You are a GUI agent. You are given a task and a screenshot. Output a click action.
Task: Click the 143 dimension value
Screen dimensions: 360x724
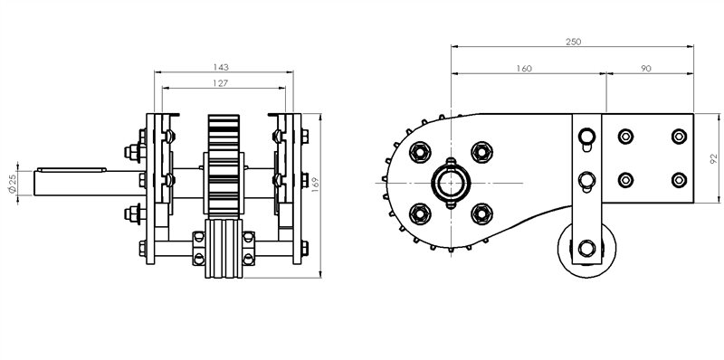221,66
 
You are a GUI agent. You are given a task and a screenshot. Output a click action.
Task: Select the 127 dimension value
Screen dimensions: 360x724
221,82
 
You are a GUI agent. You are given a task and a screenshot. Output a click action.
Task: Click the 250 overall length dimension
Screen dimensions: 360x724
572,42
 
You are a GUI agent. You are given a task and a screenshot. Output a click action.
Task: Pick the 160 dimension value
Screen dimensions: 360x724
522,68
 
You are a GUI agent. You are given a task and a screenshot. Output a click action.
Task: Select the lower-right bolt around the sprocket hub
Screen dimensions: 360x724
481,213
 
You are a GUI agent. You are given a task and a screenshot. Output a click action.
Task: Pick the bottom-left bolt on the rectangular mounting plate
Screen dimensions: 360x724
624,180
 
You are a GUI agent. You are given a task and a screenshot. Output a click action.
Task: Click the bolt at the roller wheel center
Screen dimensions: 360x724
587,250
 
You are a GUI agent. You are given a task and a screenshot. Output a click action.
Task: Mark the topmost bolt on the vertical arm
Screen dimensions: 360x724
586,137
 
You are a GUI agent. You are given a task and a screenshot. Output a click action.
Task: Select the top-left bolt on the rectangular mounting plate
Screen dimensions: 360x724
624,137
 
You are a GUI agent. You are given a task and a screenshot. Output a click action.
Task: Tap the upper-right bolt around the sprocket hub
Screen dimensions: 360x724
481,151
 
